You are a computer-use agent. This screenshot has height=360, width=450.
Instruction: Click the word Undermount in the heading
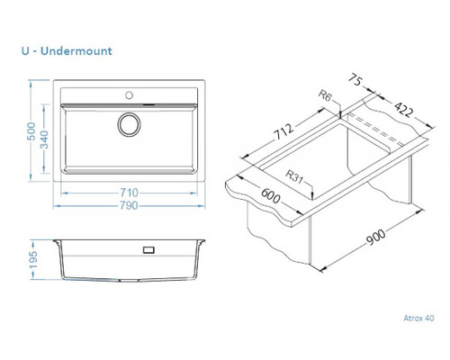point(76,51)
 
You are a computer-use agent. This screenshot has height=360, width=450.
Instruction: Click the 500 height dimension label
point(31,131)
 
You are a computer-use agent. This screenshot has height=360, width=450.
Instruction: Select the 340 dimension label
point(44,139)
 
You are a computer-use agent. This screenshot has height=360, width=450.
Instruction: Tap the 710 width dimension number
point(129,193)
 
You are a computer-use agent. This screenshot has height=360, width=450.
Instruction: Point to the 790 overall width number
point(129,205)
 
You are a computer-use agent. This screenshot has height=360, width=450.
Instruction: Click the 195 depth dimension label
point(33,260)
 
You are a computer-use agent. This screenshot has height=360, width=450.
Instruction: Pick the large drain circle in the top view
point(130,124)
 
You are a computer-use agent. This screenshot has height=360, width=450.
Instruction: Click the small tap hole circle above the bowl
point(130,95)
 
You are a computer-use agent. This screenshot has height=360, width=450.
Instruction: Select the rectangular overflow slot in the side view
point(148,249)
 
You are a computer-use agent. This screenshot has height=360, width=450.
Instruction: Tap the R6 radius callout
point(325,96)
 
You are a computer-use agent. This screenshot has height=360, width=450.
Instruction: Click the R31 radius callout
point(294,176)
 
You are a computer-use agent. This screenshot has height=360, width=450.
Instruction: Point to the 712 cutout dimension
point(283,131)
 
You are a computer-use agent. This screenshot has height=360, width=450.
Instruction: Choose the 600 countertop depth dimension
point(271,195)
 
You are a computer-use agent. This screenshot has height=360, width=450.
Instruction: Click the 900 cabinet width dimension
point(376,237)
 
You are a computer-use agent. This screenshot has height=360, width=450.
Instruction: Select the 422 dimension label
point(403,109)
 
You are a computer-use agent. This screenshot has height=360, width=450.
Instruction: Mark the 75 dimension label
point(355,80)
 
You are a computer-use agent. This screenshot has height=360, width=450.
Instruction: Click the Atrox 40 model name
point(418,318)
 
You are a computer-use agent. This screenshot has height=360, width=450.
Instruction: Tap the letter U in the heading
point(25,51)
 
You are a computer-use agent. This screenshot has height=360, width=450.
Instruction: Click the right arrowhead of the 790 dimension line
point(202,206)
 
